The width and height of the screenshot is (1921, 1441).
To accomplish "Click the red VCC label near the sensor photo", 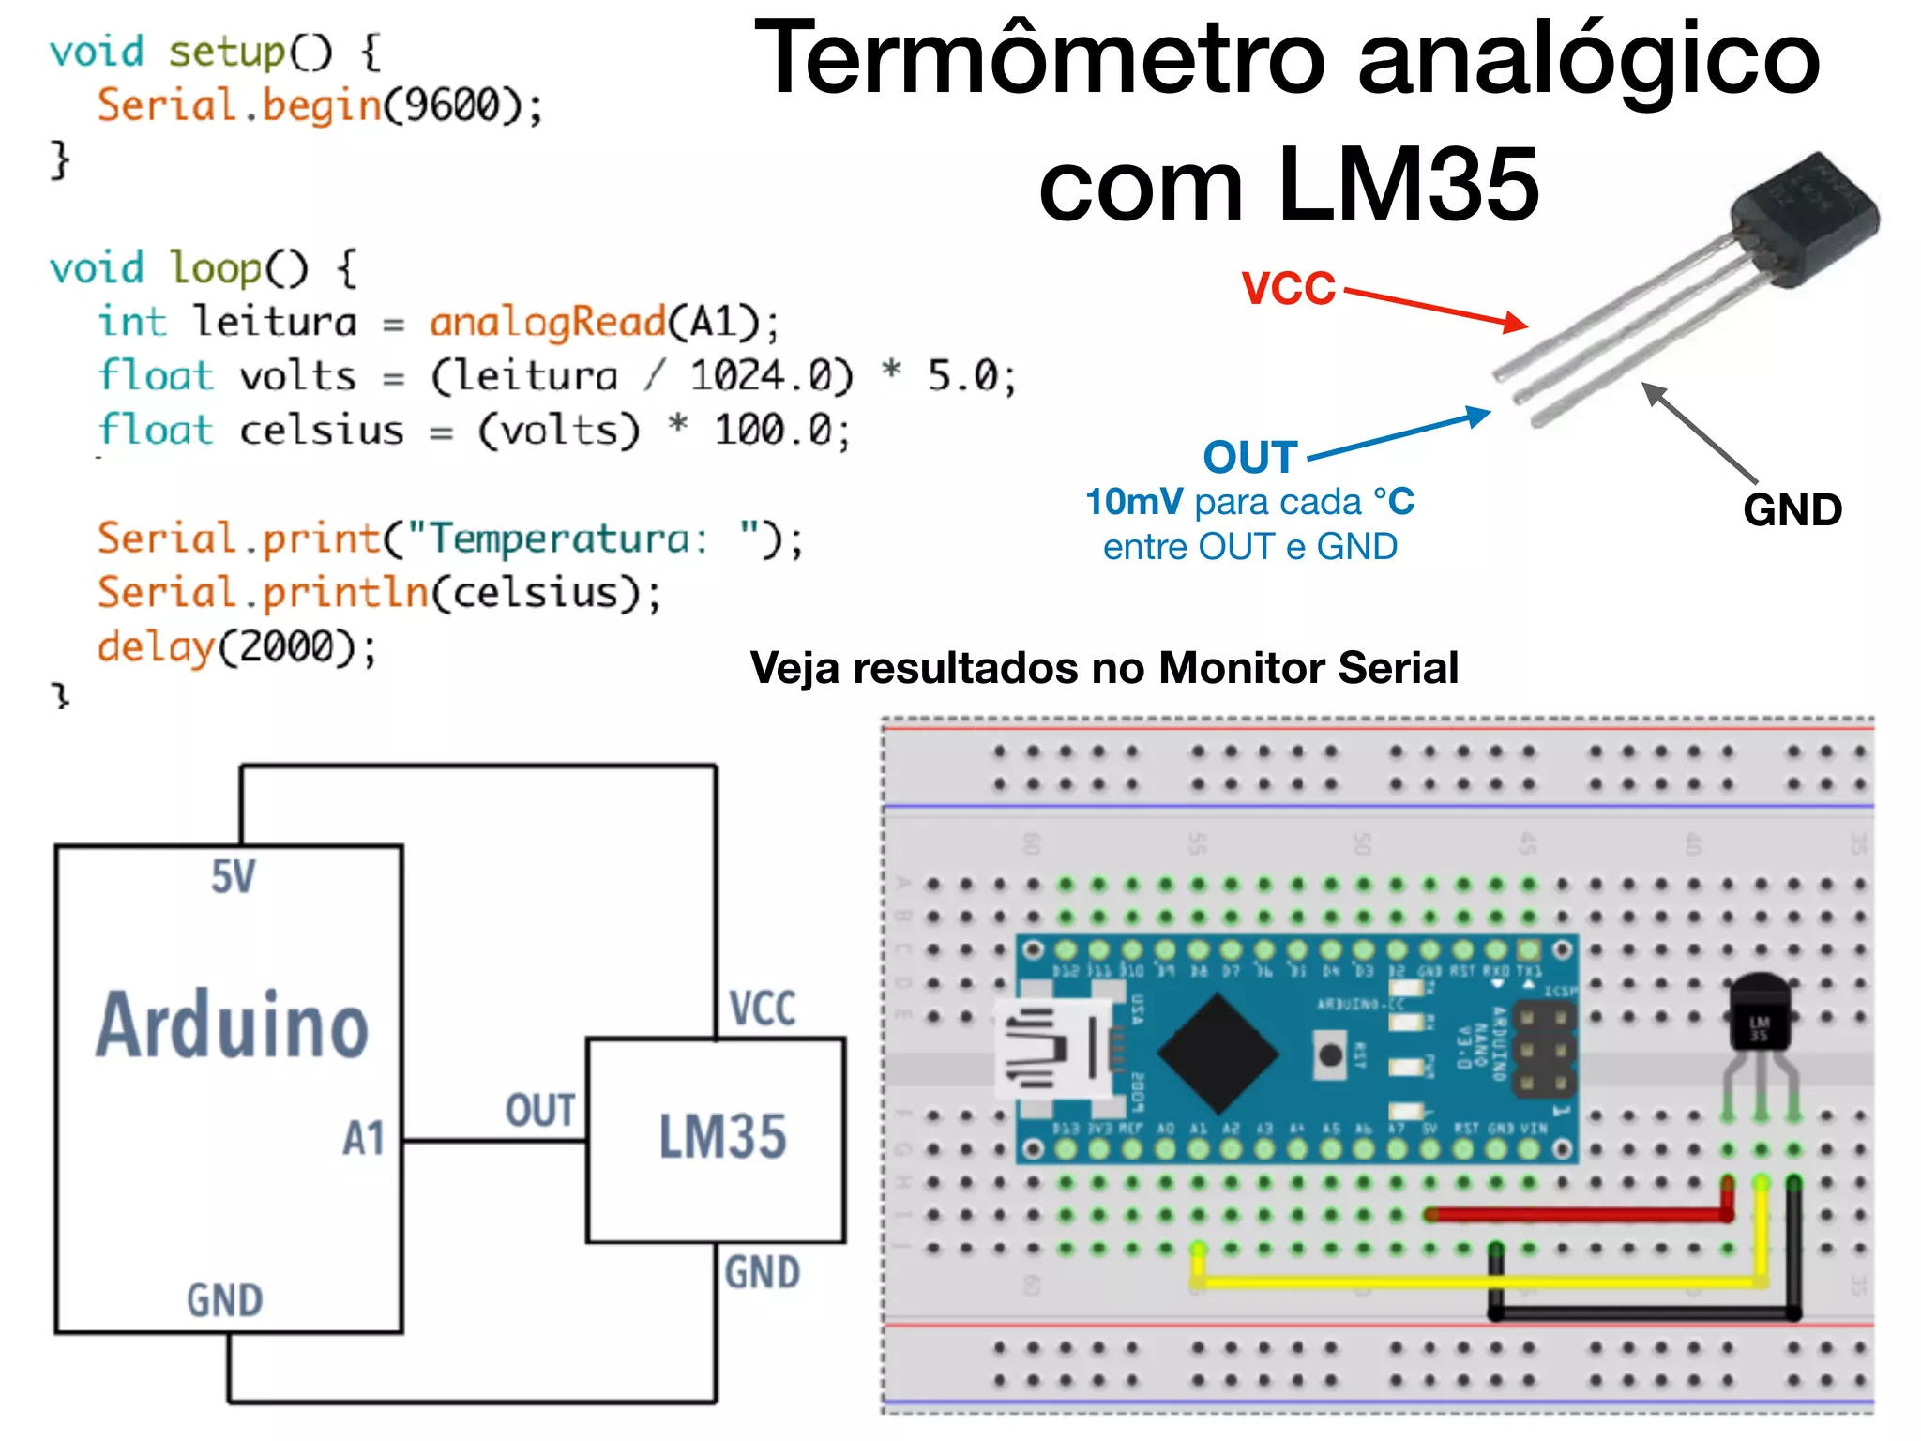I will point(1288,288).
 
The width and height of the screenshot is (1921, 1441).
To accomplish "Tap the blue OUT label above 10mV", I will point(1250,458).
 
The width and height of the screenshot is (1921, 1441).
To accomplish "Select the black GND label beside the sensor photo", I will point(1792,510).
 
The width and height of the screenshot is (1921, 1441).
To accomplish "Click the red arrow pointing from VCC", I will point(1435,307).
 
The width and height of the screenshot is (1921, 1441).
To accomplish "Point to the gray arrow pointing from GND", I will point(1698,432).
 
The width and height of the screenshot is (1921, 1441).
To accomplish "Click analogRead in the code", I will point(548,323).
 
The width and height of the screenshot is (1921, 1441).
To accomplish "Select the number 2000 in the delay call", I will point(285,647).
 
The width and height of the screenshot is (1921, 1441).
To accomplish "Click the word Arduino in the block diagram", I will point(232,1025).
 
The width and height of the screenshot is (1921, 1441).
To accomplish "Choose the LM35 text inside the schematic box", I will point(722,1137).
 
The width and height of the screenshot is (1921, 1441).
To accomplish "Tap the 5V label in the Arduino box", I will point(233,877).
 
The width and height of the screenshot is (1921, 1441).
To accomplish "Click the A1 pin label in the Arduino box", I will point(363,1139).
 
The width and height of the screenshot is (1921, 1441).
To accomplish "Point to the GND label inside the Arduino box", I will point(224,1300).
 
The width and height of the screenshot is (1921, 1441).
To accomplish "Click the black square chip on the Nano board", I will point(1218,1054).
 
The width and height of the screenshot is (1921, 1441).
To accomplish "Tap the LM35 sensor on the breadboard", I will point(1760,1013).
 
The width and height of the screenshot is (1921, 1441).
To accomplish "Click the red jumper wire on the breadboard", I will point(1576,1215).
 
